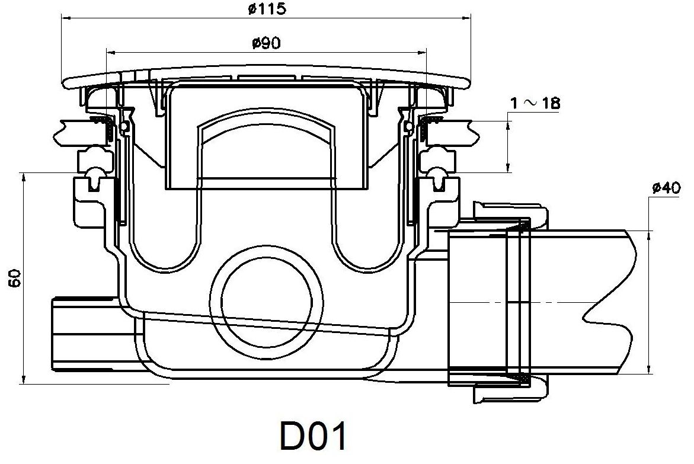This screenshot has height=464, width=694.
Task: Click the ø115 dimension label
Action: coord(266,9)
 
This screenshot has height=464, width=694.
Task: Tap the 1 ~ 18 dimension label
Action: coord(535,103)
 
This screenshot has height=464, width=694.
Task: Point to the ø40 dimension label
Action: coord(664,189)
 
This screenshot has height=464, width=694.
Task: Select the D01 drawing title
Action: coord(312,438)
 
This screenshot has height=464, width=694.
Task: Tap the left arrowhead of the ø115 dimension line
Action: coord(66,18)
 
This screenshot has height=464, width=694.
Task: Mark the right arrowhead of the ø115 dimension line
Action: coord(468,18)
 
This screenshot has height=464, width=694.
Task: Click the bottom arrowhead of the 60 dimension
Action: coord(23,380)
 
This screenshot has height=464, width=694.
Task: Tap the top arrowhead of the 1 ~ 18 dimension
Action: coord(509,124)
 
